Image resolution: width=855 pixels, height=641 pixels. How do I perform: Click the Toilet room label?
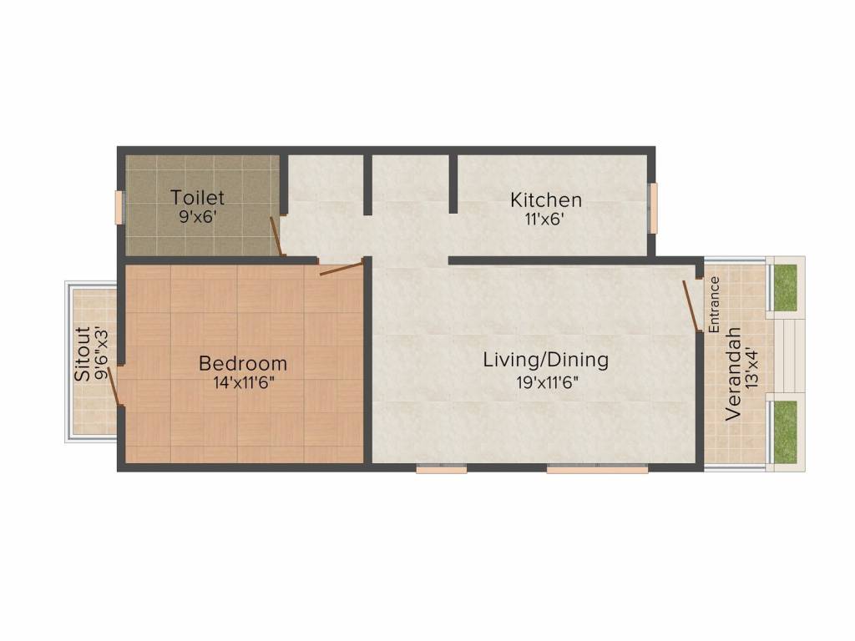coord(197,197)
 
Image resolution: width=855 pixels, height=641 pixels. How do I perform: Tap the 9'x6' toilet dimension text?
coord(198,217)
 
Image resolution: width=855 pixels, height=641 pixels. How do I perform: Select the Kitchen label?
coord(546,200)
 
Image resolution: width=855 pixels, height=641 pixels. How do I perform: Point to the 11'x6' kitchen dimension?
coord(544,220)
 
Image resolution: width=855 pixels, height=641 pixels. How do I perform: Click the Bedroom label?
coord(243,363)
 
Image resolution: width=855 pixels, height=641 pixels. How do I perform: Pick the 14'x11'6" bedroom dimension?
coord(243,382)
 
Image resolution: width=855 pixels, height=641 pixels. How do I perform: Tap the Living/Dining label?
coord(546,361)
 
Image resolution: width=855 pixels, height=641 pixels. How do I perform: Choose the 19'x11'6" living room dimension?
coord(547,382)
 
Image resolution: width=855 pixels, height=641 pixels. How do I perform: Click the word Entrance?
coord(714,305)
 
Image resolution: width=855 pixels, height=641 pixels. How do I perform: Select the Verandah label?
coord(733,374)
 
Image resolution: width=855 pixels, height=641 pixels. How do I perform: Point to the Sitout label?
coord(83,354)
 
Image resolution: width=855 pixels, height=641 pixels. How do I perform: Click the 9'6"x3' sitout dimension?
coord(102,354)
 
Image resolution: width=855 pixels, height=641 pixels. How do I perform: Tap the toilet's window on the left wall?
coord(119,207)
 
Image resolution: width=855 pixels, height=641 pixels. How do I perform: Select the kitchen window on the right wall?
coord(653,208)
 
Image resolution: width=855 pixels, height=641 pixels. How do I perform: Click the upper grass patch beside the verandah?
coord(785,288)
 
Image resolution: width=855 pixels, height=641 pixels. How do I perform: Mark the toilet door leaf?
coord(276,236)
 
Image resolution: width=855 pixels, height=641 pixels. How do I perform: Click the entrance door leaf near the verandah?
coord(691,305)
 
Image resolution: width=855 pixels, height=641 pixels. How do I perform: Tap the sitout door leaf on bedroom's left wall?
coord(114,386)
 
